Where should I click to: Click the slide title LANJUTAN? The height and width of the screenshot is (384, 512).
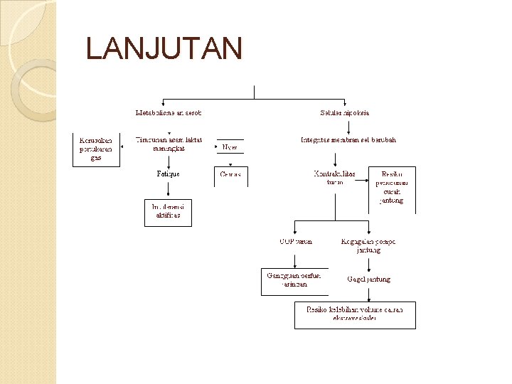tap(164, 49)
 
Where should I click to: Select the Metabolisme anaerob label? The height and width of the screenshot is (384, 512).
tap(169, 113)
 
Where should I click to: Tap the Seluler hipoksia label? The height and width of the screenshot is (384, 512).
tap(345, 113)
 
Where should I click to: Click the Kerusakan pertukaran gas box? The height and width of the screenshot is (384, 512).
tap(96, 149)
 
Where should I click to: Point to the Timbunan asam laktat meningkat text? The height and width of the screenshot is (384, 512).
tap(169, 144)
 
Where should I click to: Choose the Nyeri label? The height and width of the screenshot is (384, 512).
tap(230, 147)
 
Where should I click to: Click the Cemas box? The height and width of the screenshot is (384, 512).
tap(230, 175)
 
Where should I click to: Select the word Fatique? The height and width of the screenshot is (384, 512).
tap(169, 174)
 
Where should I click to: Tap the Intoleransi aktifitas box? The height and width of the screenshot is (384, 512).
tap(168, 210)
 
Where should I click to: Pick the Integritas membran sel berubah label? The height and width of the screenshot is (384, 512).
tap(348, 140)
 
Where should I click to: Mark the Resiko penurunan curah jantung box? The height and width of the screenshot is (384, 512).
tap(392, 188)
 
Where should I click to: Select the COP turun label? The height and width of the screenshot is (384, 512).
tap(295, 242)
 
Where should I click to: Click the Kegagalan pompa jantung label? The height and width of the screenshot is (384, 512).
tap(369, 246)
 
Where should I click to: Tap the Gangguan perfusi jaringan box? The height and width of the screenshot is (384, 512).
tap(294, 280)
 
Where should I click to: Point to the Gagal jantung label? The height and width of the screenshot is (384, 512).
tap(369, 279)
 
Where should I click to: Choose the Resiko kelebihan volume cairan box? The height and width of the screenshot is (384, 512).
tap(355, 314)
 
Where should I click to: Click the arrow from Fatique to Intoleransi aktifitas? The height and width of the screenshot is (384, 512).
tap(169, 188)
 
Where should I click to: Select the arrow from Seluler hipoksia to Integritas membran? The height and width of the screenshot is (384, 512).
tap(348, 126)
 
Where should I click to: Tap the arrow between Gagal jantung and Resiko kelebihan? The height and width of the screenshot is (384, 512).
tap(369, 292)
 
